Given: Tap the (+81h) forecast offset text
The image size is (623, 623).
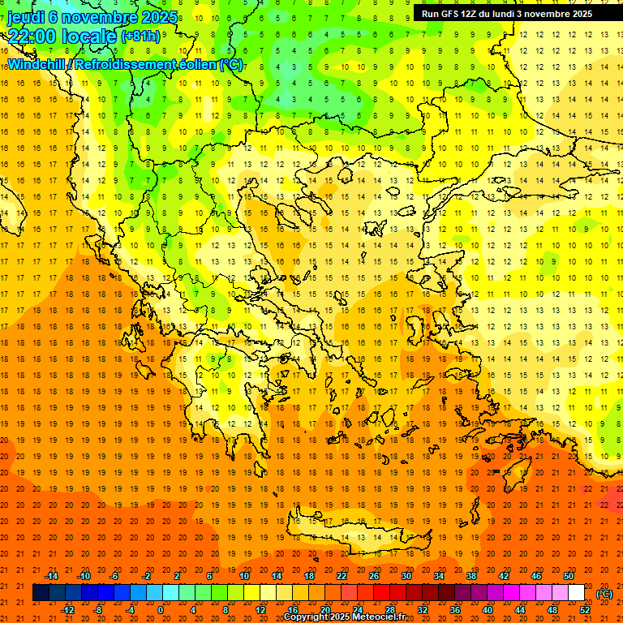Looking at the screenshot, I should (140, 36).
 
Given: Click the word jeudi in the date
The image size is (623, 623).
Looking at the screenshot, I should (26, 16).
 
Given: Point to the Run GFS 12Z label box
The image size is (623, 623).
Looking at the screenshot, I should (506, 14).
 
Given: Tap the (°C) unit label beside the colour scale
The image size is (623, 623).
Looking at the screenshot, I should (604, 594).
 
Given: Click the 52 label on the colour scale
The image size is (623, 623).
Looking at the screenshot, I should (585, 610).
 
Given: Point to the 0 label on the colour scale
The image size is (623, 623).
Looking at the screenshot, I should (161, 610).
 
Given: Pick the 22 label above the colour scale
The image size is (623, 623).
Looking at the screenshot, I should (342, 576).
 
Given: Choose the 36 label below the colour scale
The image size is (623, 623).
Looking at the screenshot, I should (454, 610).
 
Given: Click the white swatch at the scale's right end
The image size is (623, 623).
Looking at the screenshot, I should (576, 593).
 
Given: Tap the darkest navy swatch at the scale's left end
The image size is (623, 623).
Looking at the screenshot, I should (41, 593).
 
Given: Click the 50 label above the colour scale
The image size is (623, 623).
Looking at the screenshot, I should (568, 576).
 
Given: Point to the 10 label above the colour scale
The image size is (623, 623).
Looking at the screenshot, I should (244, 576).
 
